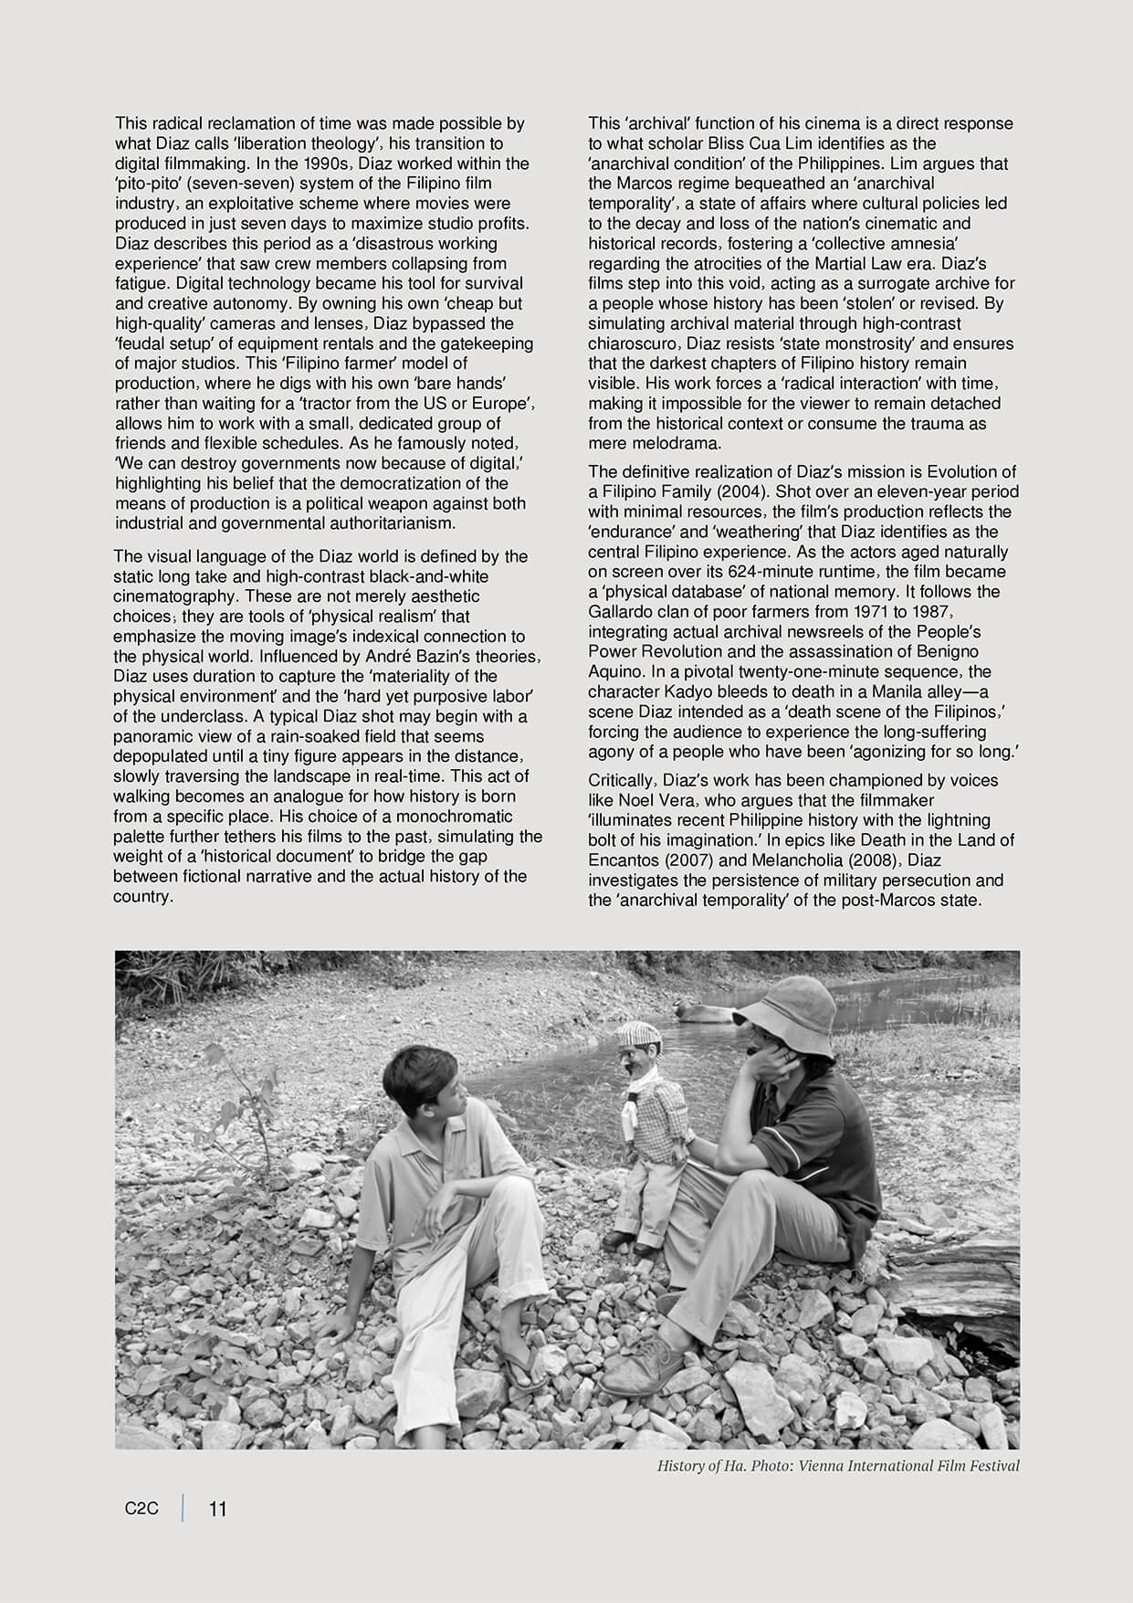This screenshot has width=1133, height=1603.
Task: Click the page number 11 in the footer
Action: pos(218,1509)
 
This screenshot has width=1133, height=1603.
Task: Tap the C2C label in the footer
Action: pos(142,1509)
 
